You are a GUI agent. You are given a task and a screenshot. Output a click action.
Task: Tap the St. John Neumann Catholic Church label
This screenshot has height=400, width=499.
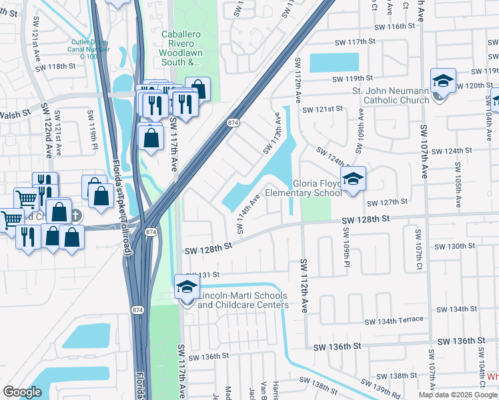[391, 96]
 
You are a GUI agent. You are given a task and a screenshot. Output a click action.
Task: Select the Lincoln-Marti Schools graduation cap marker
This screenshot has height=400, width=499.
[187, 288]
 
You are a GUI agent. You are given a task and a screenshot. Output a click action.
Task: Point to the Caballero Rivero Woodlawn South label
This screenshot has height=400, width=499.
[180, 48]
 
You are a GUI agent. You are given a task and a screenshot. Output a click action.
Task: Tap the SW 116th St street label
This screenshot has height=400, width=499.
[394, 27]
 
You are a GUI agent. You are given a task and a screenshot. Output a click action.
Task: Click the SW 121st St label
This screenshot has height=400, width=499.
[322, 109]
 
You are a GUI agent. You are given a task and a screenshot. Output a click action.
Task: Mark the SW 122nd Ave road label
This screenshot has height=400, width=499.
[47, 129]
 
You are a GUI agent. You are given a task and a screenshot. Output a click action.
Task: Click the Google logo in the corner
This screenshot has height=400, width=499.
[22, 392]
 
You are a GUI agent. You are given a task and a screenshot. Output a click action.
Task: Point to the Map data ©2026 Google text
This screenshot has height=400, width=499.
[457, 395]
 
